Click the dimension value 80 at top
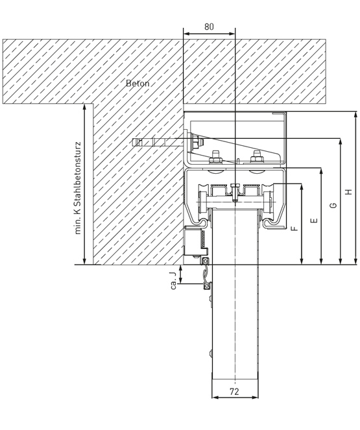coord(209,27)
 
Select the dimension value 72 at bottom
coord(234,392)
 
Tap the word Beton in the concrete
coord(138,83)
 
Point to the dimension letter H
coord(348,192)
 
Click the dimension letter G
coord(333,205)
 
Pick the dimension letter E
coord(315,221)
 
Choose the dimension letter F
coord(294,228)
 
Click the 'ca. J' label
coord(173,281)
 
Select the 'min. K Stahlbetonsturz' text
coord(78,188)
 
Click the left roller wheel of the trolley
coord(204,202)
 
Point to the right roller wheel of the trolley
coord(268,202)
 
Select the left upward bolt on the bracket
coord(215,157)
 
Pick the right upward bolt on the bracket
coord(257,157)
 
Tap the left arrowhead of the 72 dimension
coord(215,397)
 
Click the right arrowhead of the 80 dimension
coord(232,34)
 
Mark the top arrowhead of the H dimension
coord(355,115)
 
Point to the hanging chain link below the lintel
coord(206,274)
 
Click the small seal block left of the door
coord(195,241)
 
